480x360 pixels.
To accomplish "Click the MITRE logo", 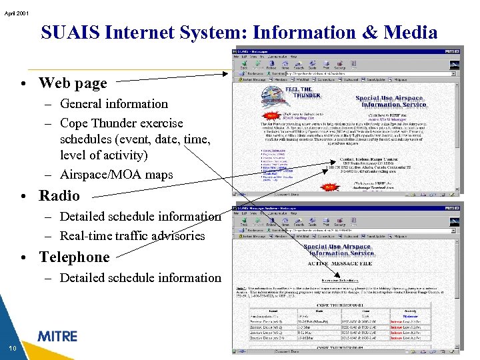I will (57, 336).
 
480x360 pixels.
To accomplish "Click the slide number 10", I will (13, 349).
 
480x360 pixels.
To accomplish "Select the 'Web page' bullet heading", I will (73, 83).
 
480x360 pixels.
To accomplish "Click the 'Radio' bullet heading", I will (59, 195).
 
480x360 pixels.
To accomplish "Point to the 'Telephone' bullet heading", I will (74, 257).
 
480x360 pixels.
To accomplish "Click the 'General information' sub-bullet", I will (114, 103).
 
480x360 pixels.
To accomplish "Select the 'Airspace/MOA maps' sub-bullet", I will (116, 175).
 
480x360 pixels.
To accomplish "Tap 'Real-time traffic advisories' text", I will (132, 235).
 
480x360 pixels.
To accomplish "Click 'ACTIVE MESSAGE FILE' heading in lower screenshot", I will (347, 263).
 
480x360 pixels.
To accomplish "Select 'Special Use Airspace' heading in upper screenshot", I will (390, 98).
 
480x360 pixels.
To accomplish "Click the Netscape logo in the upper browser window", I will (455, 65).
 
